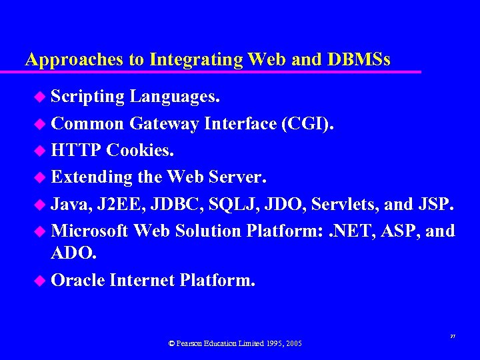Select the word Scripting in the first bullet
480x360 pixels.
click(87, 97)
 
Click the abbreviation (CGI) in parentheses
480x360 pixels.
click(309, 124)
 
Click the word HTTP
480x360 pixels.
click(76, 151)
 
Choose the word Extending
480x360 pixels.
click(89, 178)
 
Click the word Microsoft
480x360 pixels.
click(90, 231)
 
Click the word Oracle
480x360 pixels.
click(78, 281)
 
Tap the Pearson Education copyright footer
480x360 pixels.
click(235, 343)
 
